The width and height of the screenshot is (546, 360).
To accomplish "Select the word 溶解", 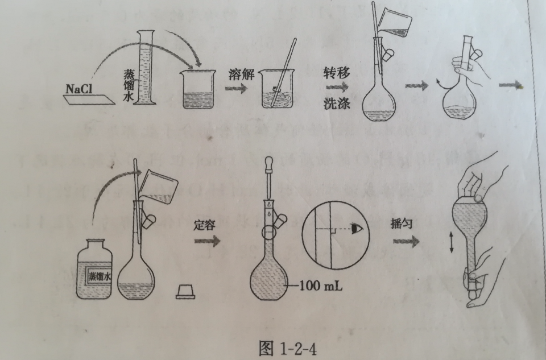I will (239, 73).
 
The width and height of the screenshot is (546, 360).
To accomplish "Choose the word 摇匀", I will (403, 224).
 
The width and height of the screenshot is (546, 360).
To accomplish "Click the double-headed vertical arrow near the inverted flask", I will (451, 245).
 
